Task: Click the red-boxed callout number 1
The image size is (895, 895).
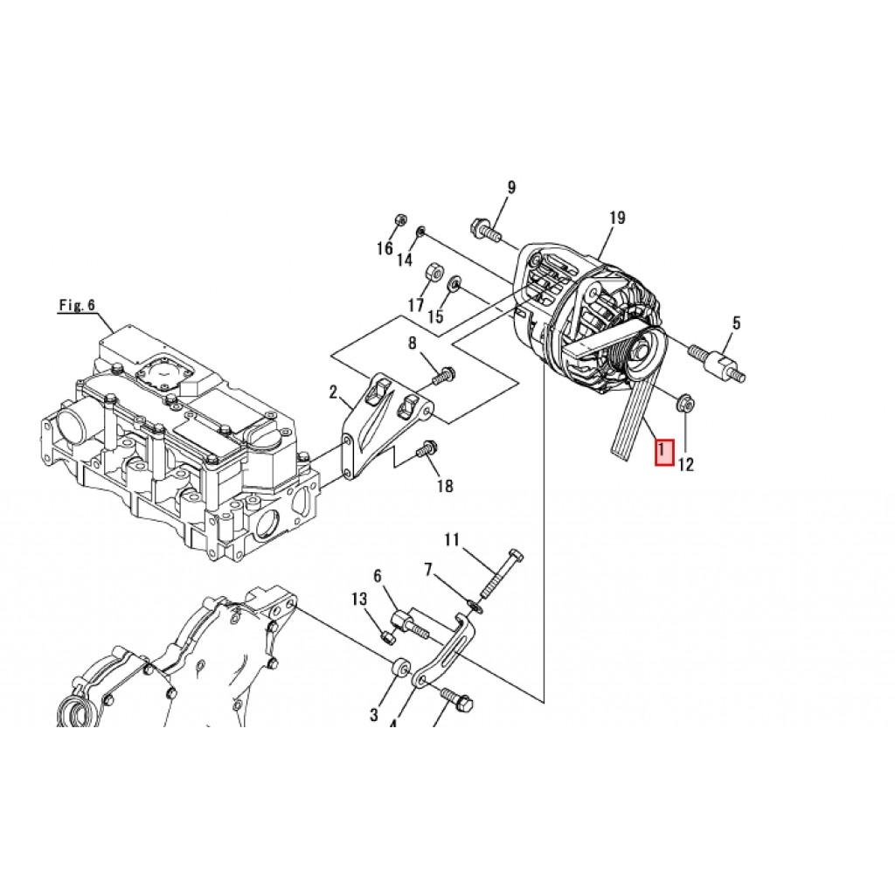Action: pos(664,452)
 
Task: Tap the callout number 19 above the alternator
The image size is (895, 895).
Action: pos(617,218)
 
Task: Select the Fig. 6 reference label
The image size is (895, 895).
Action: pos(77,305)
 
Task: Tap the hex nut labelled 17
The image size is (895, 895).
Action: pos(431,272)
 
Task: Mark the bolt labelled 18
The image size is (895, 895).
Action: pos(427,450)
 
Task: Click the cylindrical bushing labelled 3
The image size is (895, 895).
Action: pos(401,668)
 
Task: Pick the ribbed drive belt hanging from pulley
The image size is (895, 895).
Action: pos(628,420)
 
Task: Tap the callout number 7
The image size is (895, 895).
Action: pos(428,571)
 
